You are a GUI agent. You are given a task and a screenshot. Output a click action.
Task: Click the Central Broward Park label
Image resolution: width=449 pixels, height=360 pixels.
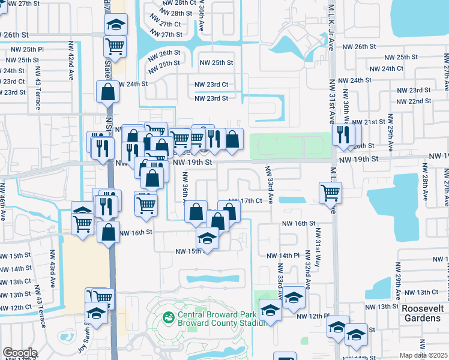[x=217, y=314]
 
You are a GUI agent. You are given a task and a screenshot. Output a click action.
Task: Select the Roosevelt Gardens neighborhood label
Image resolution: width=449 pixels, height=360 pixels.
[x=421, y=313]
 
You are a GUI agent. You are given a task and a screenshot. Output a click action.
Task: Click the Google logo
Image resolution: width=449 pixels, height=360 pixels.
[x=19, y=353]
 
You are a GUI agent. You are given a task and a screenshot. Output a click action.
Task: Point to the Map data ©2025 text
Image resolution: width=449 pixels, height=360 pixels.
[x=424, y=356]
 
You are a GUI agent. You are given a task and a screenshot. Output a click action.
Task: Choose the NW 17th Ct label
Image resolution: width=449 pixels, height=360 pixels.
[x=247, y=200]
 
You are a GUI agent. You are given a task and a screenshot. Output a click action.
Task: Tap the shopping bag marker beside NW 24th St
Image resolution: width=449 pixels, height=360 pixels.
[x=107, y=92]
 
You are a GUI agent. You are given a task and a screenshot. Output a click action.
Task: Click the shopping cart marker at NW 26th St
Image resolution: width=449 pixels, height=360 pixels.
[x=114, y=46]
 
